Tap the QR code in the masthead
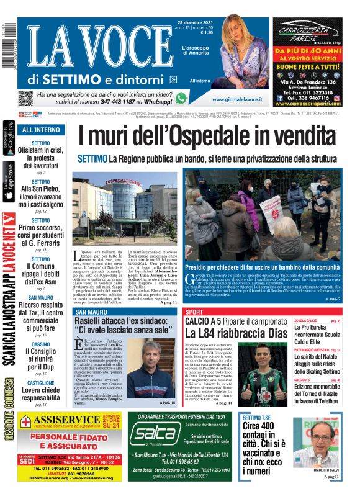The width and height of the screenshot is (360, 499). pos(25,98)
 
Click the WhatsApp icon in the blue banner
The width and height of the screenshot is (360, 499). pos(181,98)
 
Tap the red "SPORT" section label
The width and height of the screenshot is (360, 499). pos(194,312)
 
